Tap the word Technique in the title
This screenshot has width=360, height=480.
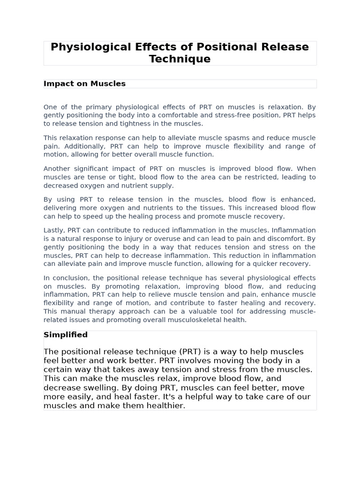coord(180,59)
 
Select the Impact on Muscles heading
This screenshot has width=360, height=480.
coord(85,84)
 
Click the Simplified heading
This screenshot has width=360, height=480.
coord(66,335)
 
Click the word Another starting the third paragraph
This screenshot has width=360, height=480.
coord(58,169)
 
